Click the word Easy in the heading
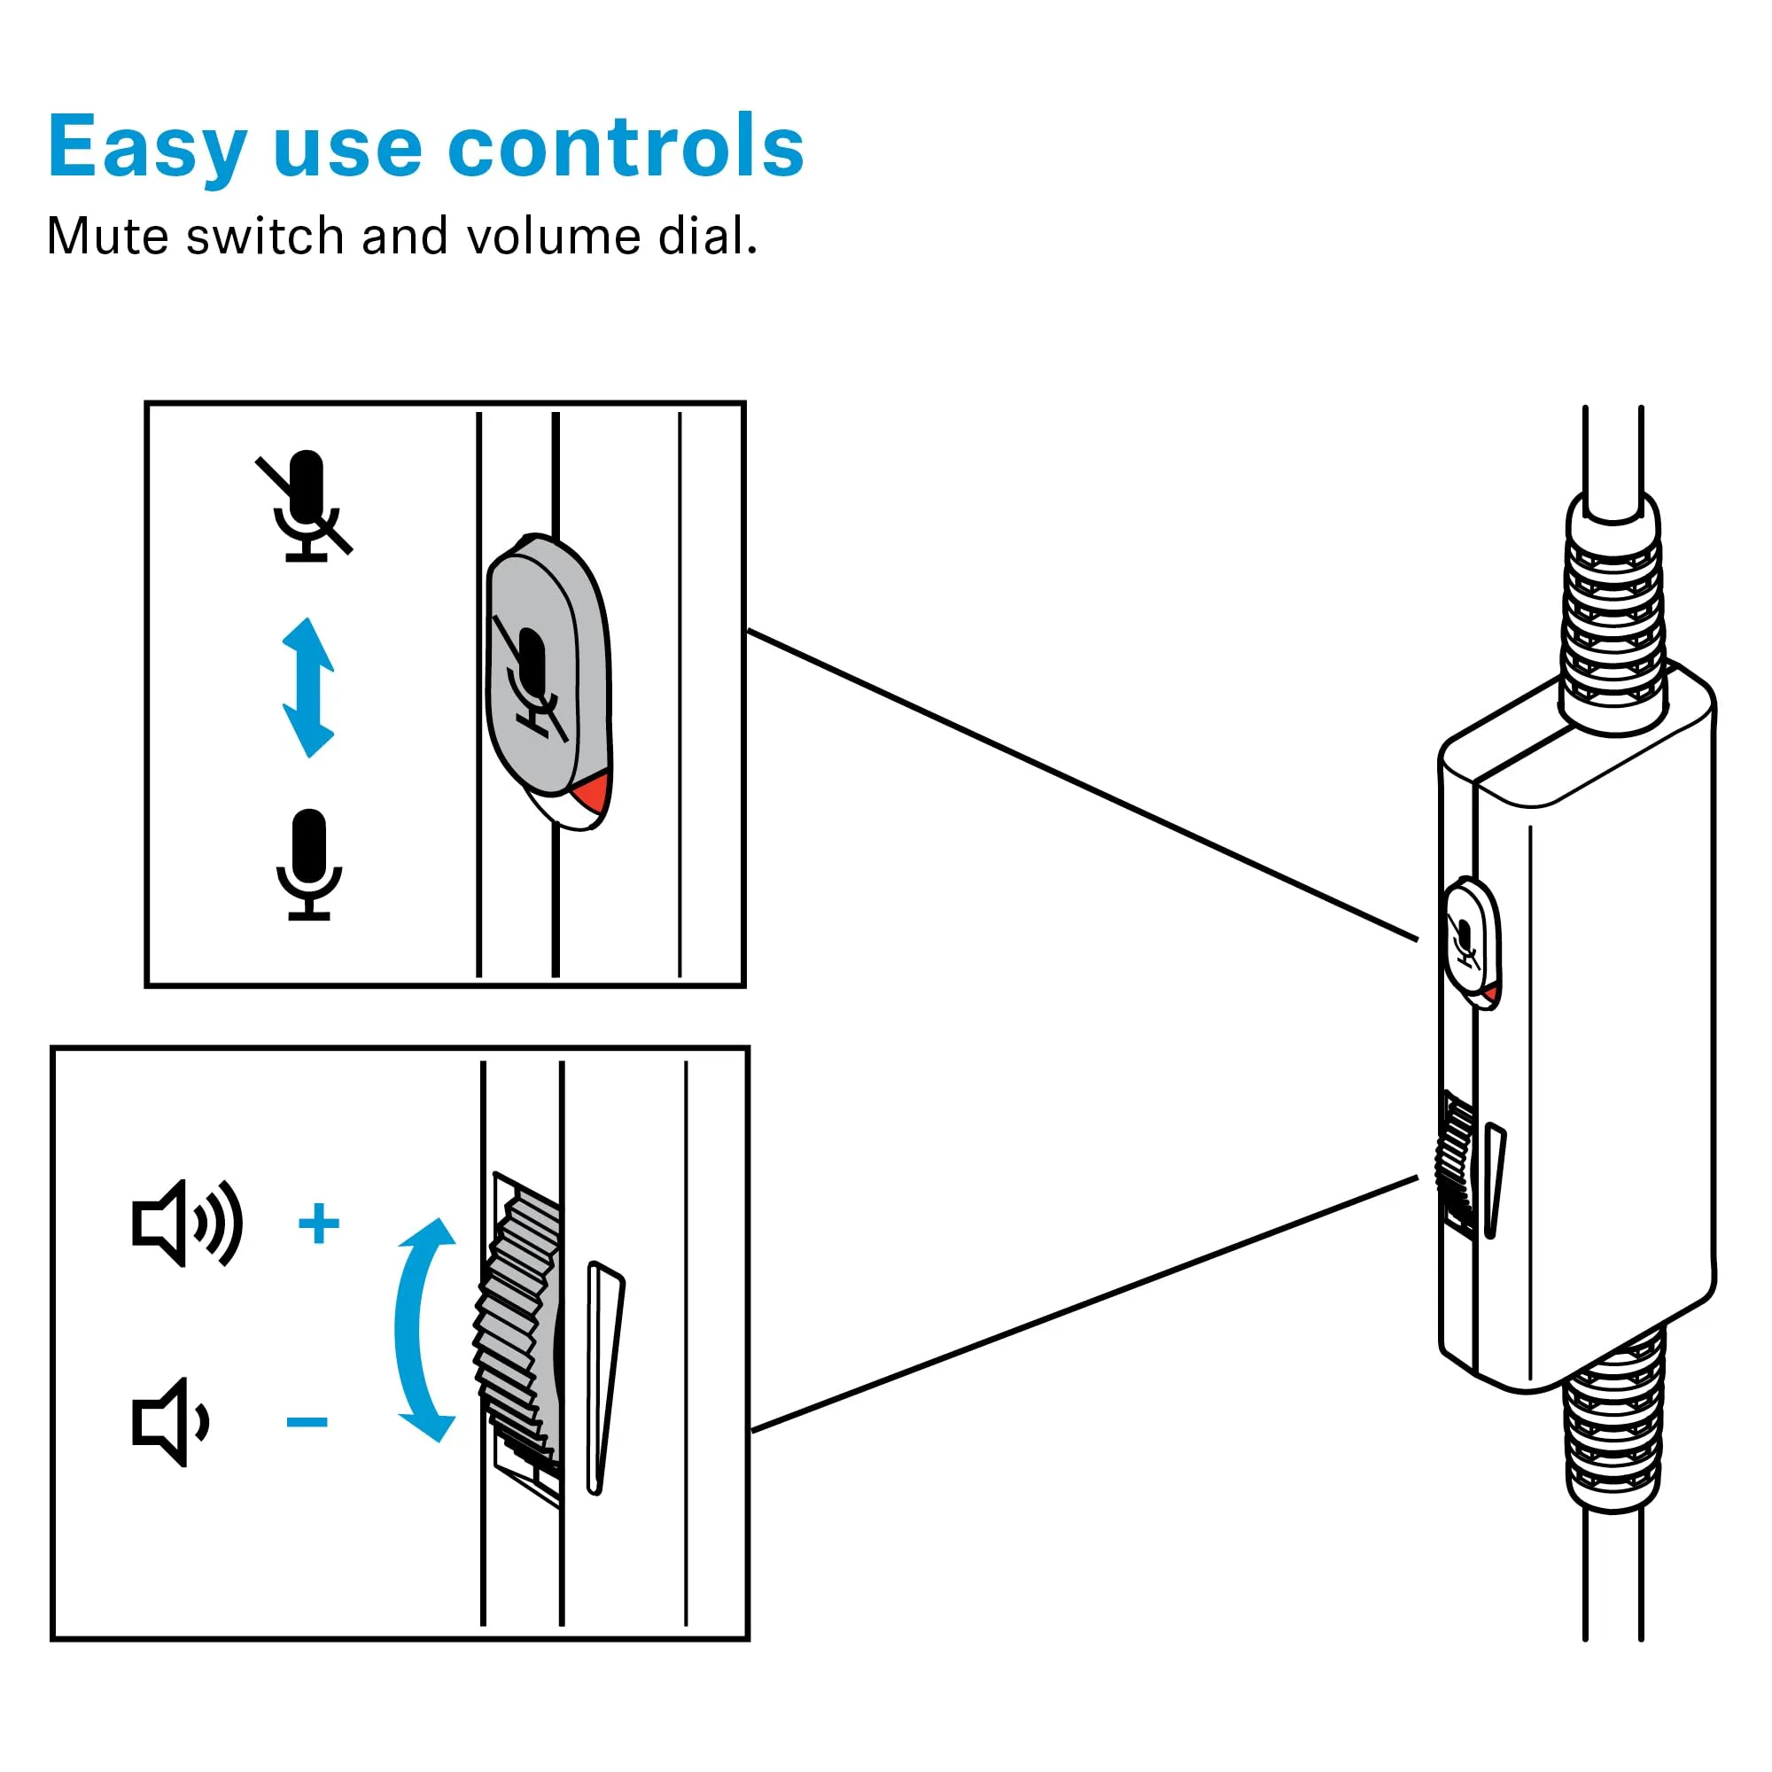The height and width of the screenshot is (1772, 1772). (x=147, y=147)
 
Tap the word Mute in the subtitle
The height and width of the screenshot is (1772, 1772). (x=108, y=237)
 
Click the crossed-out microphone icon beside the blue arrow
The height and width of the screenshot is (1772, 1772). (x=306, y=505)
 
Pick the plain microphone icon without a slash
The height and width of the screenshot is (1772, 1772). (x=309, y=863)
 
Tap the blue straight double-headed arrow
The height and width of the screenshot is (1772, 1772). (x=308, y=688)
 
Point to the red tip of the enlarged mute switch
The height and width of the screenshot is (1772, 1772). (x=593, y=790)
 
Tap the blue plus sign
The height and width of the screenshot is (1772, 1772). (x=319, y=1224)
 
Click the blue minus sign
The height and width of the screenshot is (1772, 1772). (x=307, y=1423)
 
